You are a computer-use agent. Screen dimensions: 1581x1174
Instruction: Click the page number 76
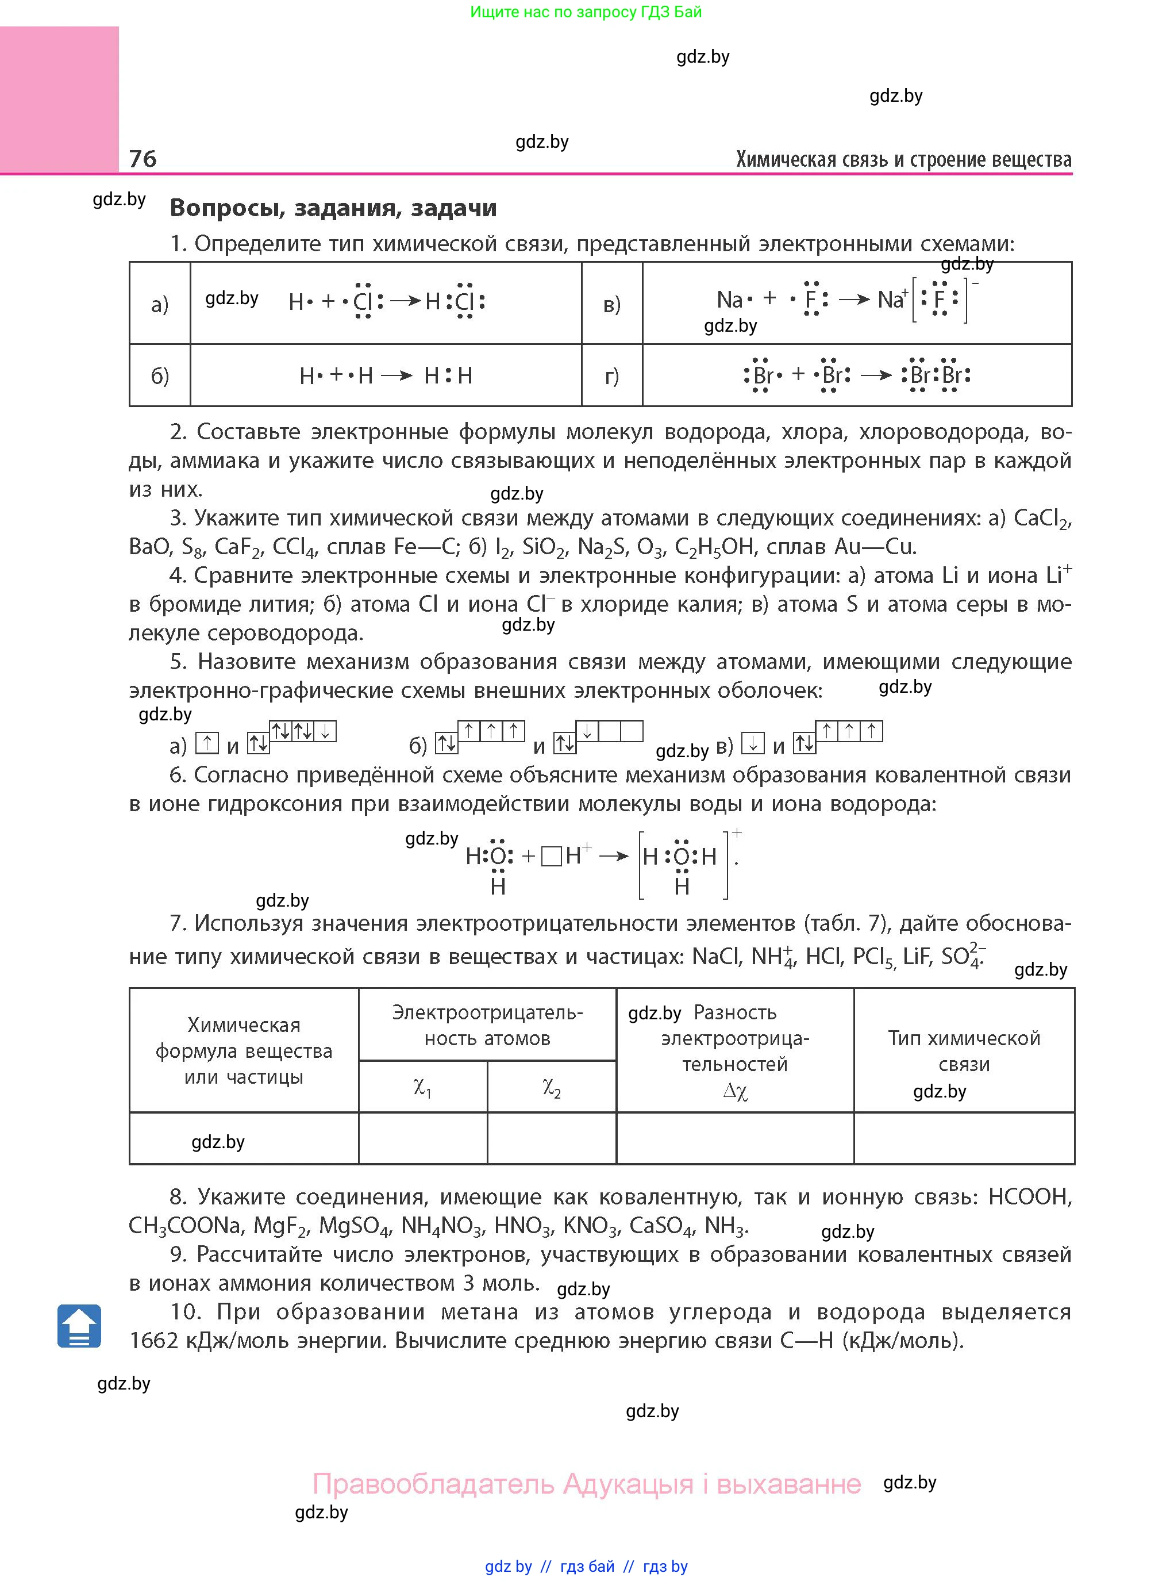click(143, 158)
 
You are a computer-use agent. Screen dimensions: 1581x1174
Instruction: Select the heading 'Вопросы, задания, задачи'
click(333, 208)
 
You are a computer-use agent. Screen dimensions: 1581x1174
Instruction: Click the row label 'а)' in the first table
click(160, 304)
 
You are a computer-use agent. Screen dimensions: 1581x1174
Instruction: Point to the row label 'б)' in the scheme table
click(160, 375)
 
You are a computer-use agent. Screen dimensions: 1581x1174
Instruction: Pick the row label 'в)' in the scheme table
click(612, 304)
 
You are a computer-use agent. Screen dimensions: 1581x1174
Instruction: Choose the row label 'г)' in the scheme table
click(612, 375)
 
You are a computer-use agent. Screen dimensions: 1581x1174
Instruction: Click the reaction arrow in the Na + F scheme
click(853, 300)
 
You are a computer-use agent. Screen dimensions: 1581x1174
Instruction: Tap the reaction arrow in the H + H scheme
click(397, 375)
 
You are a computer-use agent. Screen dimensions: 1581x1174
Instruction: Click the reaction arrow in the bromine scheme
click(876, 375)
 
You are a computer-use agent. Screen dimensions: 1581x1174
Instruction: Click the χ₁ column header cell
click(423, 1087)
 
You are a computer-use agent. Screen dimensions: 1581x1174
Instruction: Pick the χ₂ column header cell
click(552, 1087)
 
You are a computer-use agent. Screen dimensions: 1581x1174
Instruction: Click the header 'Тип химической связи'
click(964, 1051)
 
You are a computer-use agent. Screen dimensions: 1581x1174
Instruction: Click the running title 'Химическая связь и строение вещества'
click(903, 159)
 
